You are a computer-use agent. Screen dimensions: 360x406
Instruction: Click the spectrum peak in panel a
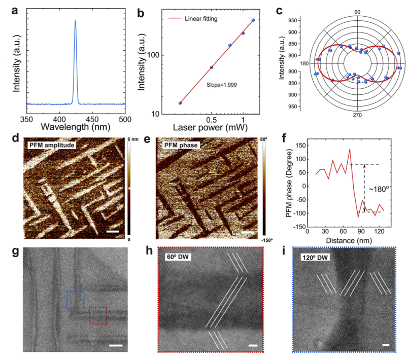[76, 21]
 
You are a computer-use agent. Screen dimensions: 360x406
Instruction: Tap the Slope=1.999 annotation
[221, 80]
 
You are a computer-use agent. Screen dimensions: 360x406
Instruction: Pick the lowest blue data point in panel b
[180, 103]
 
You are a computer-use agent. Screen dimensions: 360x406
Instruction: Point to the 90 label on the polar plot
[357, 12]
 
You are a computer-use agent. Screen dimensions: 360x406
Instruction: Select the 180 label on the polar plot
[304, 63]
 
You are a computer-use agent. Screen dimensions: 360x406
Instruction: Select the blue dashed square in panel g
[76, 300]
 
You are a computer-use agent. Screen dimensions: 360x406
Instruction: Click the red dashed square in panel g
[98, 315]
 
